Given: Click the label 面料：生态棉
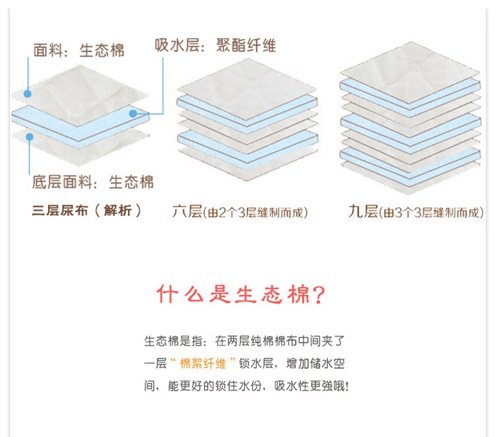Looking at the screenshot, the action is pos(79,50).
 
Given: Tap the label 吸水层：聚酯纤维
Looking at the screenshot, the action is pos(215,45).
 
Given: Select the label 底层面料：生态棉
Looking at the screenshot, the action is pos(92,182).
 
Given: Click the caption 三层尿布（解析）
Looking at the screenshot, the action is pos(86,211).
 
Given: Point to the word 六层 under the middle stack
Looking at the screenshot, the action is pos(186,212).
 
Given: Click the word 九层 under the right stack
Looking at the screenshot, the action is pos(363,212).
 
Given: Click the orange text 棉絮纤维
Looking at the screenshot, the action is pos(207,364).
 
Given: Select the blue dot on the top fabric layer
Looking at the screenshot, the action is pos(27,93).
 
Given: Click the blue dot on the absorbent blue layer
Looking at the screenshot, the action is pos(133,114).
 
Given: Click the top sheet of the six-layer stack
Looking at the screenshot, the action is pos(246,86).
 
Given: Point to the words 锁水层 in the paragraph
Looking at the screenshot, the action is pos(265,364).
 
